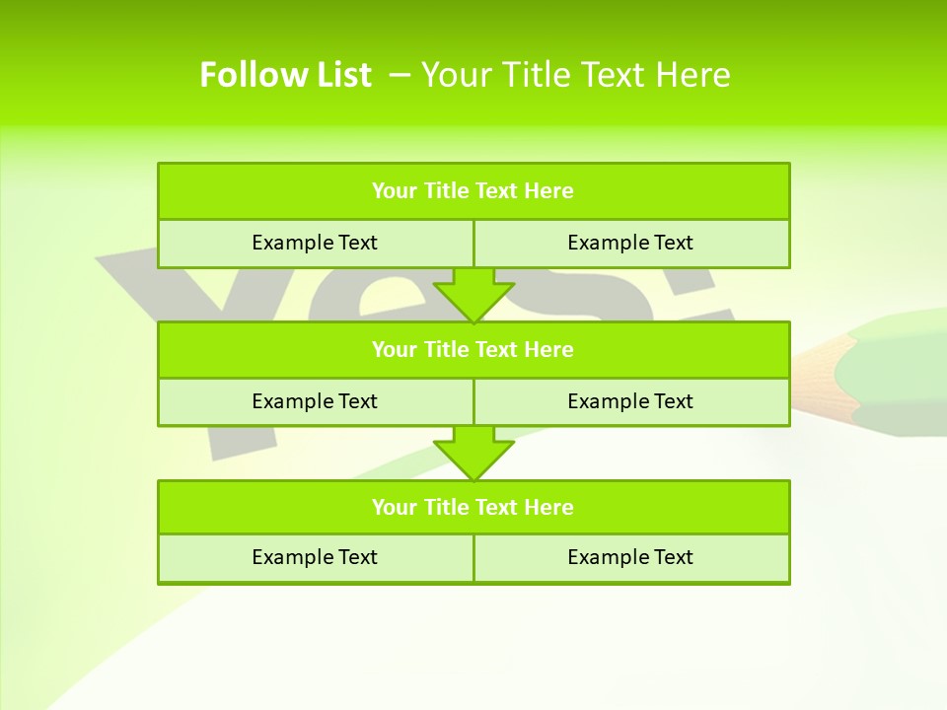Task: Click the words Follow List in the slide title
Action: tap(285, 75)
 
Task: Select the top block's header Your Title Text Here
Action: tap(473, 191)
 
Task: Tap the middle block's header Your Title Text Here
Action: tap(473, 349)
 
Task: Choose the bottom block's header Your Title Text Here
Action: tap(473, 507)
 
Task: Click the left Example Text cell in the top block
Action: tap(315, 243)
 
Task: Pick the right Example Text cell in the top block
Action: tap(630, 243)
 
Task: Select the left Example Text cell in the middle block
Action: tap(315, 401)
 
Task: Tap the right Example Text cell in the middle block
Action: tap(630, 401)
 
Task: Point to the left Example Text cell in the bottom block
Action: tap(315, 557)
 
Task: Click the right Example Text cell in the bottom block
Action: tap(630, 557)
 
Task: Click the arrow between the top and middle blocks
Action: tap(473, 295)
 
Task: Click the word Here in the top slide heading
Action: tap(694, 75)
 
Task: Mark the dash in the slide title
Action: tap(401, 75)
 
